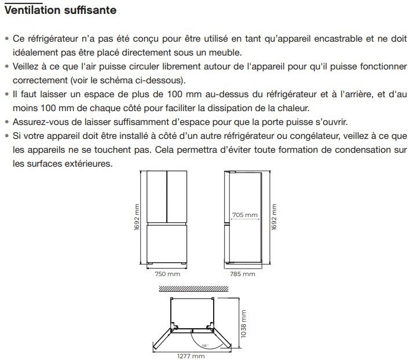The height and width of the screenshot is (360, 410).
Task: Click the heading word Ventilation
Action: click(32, 10)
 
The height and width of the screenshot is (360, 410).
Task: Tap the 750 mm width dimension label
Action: click(167, 274)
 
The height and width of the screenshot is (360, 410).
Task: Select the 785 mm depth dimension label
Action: click(243, 274)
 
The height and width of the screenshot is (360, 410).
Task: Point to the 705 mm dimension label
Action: click(245, 215)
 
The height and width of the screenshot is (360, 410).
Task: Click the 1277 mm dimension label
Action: click(191, 356)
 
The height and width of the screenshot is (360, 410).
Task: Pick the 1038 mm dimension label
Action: click(243, 324)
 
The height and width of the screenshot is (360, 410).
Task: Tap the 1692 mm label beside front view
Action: click(137, 217)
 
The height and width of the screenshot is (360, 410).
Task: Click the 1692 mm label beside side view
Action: click(274, 217)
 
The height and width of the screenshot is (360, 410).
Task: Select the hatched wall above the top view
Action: click(194, 289)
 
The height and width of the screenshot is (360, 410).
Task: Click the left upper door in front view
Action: click(156, 197)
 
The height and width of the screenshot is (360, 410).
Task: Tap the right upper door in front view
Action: click(177, 197)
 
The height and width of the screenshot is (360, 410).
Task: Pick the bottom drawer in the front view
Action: click(167, 244)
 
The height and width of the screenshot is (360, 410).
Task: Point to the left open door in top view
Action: click(162, 339)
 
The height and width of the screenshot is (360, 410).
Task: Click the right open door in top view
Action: click(222, 339)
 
